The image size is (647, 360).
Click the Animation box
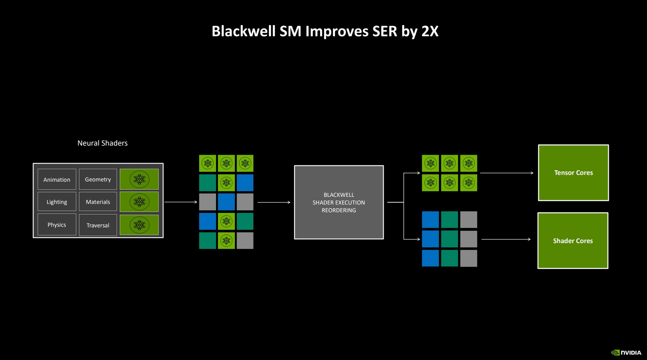(57, 179)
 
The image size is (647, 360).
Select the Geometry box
(98, 179)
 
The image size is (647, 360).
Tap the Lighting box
(57, 202)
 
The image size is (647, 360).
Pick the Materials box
(98, 202)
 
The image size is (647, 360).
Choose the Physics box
(57, 225)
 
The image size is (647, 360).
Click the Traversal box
(98, 225)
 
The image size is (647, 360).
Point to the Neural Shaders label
(102, 143)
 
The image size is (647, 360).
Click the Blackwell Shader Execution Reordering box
(339, 202)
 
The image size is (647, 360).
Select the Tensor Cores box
(573, 173)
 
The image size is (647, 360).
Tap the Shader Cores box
(573, 240)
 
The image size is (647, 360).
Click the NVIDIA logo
(626, 353)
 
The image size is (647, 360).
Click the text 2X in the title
(430, 31)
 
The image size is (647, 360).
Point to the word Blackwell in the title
(243, 31)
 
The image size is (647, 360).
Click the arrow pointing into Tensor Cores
(506, 173)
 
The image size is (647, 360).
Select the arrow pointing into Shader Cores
(506, 239)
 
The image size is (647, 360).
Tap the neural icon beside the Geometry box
(139, 179)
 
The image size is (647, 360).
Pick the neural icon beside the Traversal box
(139, 225)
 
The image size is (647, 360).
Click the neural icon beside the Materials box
(139, 202)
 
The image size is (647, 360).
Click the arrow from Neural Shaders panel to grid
(181, 202)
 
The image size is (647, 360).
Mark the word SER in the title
(384, 31)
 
